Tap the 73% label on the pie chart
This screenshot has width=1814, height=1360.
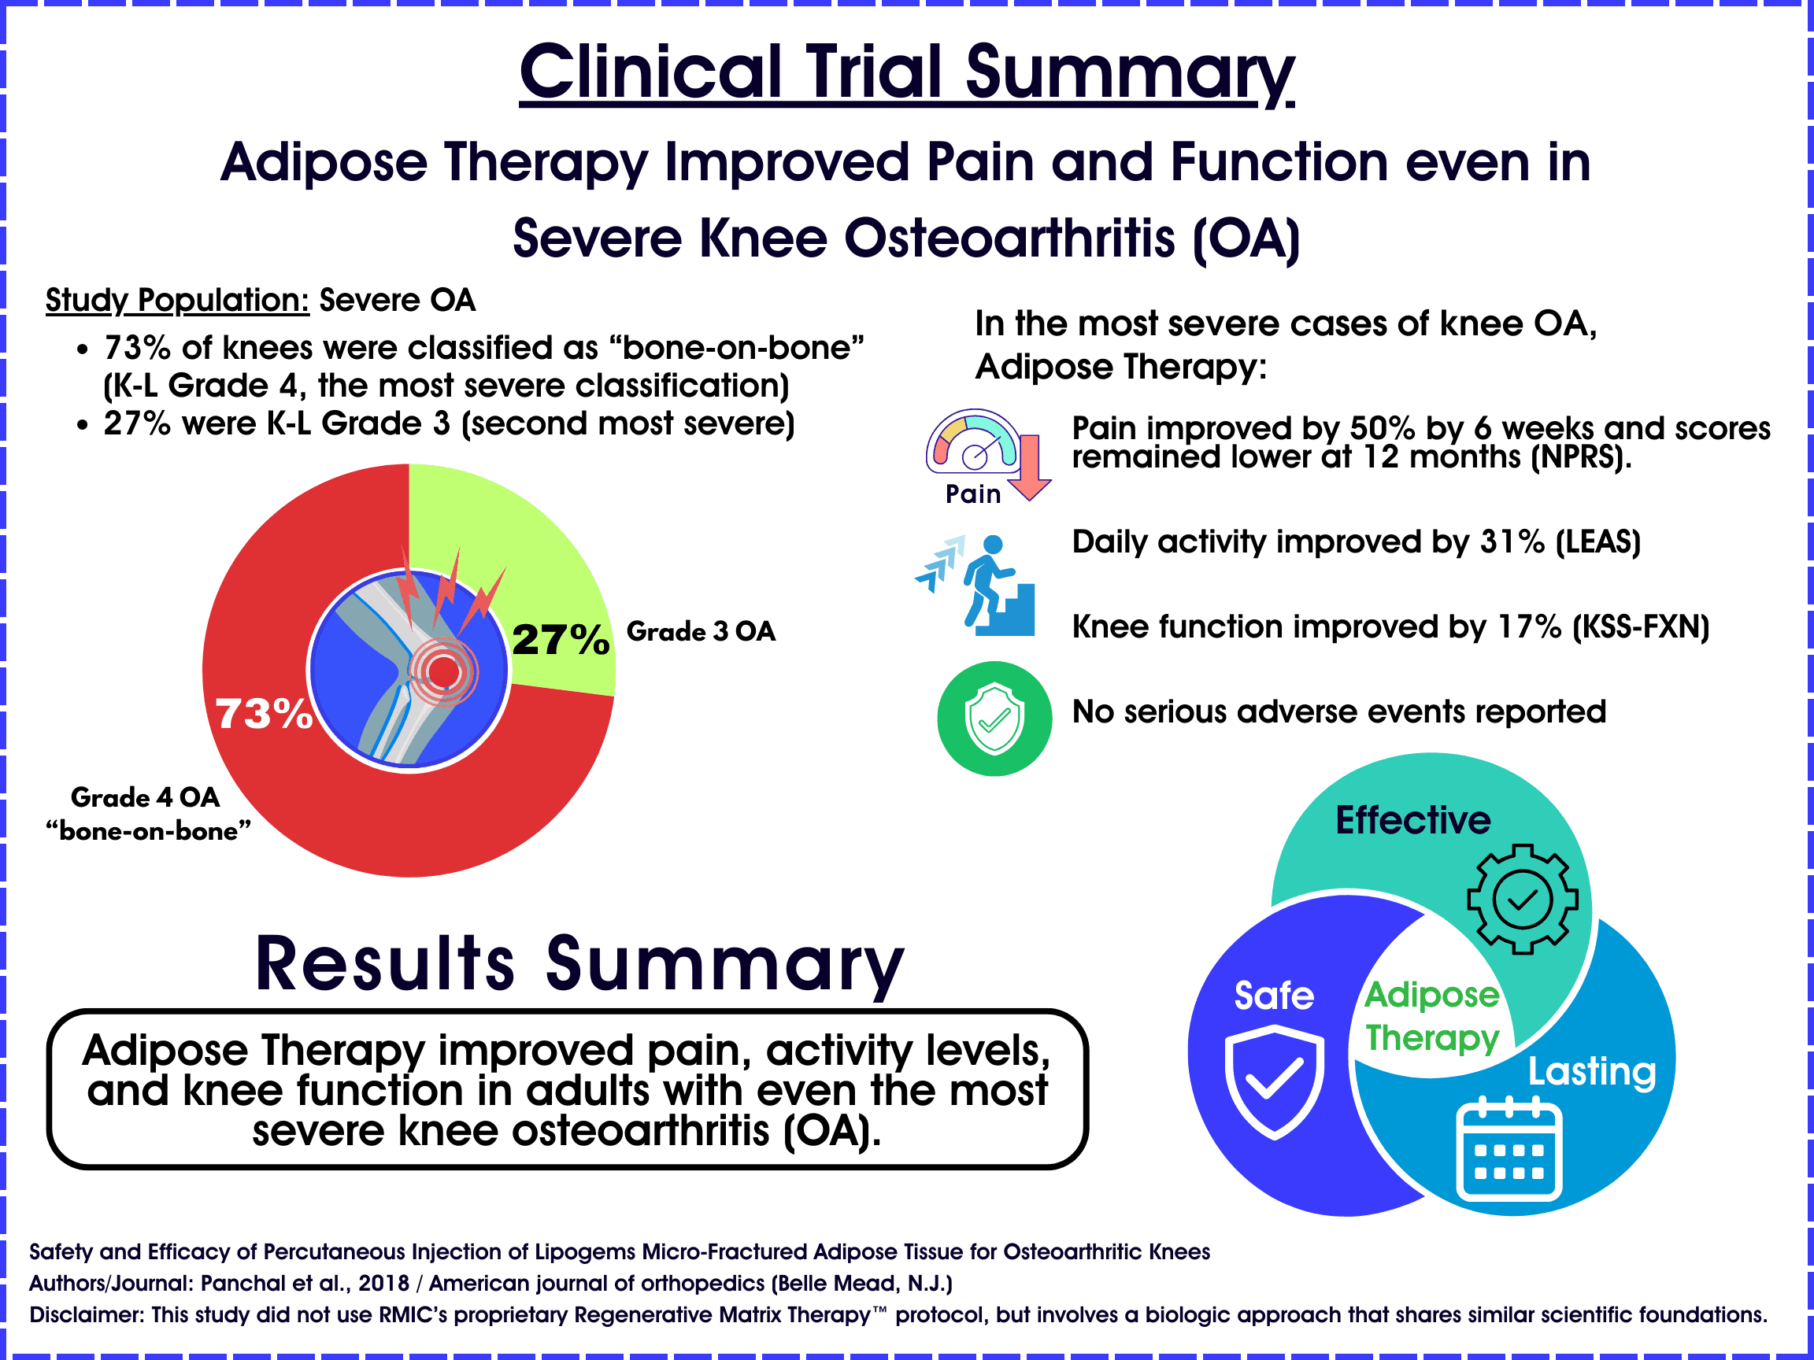[264, 714]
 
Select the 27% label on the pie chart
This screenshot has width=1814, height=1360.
[561, 639]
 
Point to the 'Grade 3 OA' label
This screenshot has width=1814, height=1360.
[702, 631]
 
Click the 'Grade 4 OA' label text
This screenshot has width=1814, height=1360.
[145, 796]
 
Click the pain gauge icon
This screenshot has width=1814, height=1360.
[973, 442]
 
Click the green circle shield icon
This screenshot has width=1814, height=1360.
[994, 719]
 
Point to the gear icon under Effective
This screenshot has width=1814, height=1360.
[1522, 900]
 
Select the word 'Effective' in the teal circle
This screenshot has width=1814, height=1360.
[1413, 820]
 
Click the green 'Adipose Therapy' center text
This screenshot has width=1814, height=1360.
[1432, 1017]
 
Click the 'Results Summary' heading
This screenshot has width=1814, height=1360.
[579, 964]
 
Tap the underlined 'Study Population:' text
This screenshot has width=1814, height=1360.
[177, 300]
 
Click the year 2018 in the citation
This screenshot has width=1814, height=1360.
[383, 1283]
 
